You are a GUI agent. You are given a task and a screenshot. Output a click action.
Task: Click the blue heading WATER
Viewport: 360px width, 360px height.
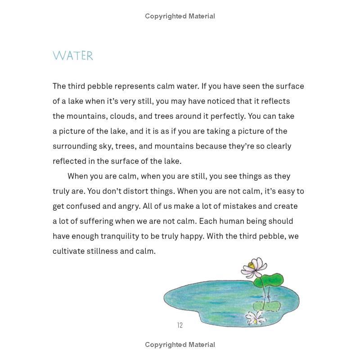pyautogui.click(x=73, y=56)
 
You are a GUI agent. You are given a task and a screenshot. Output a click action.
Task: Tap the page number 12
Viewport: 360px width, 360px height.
pyautogui.click(x=180, y=325)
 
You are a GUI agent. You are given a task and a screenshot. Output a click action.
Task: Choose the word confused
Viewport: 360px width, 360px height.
pyautogui.click(x=85, y=206)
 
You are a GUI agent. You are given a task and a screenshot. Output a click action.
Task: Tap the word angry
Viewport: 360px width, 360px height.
pyautogui.click(x=128, y=206)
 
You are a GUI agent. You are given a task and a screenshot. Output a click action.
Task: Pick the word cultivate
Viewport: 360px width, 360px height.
pyautogui.click(x=68, y=251)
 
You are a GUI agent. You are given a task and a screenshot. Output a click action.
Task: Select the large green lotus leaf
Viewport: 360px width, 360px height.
pyautogui.click(x=270, y=280)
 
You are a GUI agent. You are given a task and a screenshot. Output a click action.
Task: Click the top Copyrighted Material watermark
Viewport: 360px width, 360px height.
pyautogui.click(x=180, y=16)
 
